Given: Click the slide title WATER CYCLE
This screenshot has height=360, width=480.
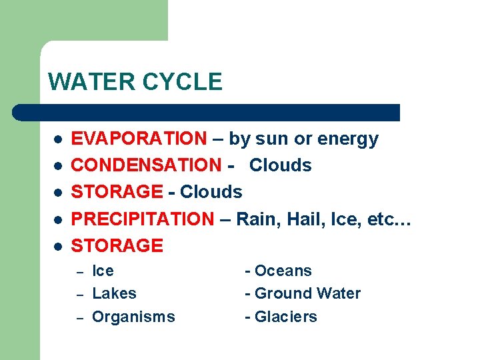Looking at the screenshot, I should [135, 82].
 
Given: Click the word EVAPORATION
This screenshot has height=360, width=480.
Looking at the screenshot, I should [139, 139].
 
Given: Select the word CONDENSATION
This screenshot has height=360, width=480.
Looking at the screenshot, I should [145, 165].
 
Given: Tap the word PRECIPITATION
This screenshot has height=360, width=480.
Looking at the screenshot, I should [143, 219].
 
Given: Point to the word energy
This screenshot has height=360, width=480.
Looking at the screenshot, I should [348, 139].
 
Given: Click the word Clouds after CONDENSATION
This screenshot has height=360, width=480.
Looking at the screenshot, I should [281, 165].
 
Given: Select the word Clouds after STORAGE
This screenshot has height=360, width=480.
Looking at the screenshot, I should [211, 192].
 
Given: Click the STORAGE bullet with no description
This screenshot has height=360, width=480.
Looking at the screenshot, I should [117, 245].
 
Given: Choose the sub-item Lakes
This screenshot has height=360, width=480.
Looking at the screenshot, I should [114, 293].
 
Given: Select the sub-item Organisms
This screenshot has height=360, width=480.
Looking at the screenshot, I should [133, 317].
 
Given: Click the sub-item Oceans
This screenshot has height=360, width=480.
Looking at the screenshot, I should [283, 271].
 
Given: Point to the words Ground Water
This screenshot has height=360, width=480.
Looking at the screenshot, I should [308, 293].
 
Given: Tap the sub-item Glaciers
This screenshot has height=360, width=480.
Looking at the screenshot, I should [286, 317].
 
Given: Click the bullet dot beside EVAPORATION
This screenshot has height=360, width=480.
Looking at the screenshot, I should [58, 139].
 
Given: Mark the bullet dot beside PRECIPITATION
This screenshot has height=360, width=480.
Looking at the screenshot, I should [58, 219].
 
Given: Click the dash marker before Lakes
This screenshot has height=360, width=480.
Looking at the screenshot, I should [78, 294].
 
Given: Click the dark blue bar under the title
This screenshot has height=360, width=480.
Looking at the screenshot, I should [207, 112].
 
